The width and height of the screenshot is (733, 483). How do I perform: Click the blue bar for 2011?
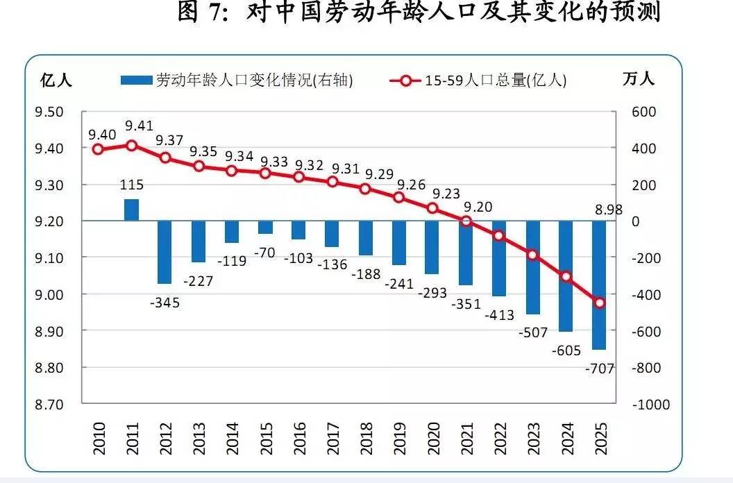pos(131,210)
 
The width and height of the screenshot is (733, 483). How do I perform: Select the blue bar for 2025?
pos(598,285)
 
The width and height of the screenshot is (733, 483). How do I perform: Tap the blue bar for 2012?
pos(165,252)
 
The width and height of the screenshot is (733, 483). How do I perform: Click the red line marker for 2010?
pos(98,149)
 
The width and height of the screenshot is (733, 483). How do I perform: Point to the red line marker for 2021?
pos(466,221)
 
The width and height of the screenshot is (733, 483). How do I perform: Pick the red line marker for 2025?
pos(598,302)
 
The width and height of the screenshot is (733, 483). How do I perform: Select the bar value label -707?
pos(599,368)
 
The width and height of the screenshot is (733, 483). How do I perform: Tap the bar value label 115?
pos(131,185)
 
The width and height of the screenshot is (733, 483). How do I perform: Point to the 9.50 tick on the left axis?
pos(49,112)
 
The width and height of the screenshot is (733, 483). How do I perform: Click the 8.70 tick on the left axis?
pos(49,404)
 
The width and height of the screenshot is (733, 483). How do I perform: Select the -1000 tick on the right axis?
pos(650,404)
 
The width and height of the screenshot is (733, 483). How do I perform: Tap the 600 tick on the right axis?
pos(643,112)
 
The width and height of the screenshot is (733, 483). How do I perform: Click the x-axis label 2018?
pos(366,439)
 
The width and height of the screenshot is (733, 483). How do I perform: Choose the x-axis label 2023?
pos(532,439)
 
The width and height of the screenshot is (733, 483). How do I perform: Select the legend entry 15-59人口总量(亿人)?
pos(478,80)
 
